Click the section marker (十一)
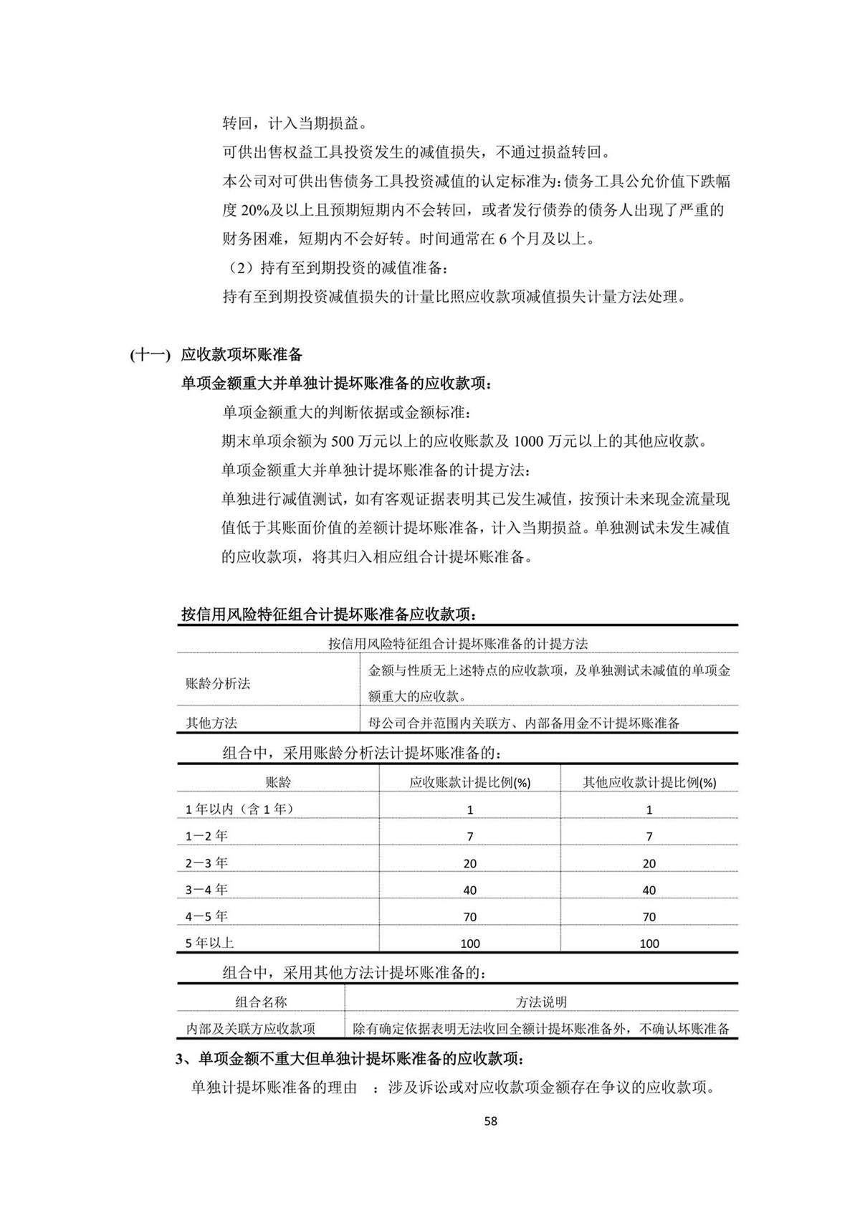pos(150,354)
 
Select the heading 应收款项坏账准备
pos(242,354)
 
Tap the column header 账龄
pos(278,782)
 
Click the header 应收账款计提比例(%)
pos(469,782)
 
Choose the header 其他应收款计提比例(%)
pos(649,782)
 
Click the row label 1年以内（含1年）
pos(239,809)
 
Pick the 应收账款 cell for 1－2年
pos(470,836)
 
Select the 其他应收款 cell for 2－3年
pos(649,863)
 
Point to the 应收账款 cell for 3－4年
pos(470,890)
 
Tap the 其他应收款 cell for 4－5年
pos(649,916)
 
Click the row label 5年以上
pos(209,944)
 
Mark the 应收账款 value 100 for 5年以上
pos(470,944)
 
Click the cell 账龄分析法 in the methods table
pos(218,683)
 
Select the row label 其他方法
pos(211,723)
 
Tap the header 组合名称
pos(261,1002)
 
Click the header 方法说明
pos(541,1002)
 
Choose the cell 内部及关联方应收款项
pos(251,1029)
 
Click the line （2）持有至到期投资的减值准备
pos(337,268)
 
